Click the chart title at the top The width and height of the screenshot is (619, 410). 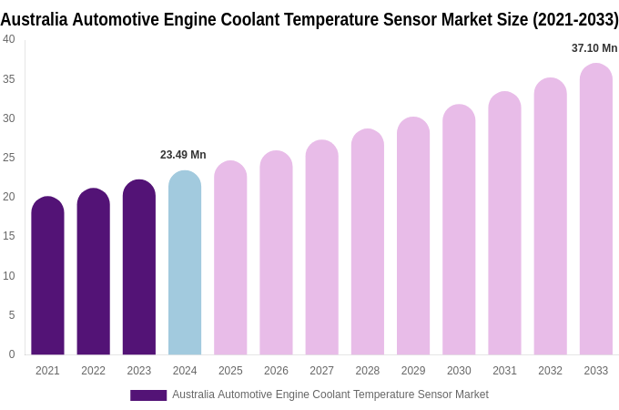click(x=309, y=19)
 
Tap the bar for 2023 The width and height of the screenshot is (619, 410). click(x=139, y=268)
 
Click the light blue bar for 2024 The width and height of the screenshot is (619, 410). click(x=185, y=263)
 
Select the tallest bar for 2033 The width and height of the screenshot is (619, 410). click(x=596, y=210)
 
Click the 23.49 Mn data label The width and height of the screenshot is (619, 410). click(x=183, y=155)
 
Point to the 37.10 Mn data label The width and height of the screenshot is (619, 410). click(x=594, y=48)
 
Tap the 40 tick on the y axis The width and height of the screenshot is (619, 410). click(x=9, y=39)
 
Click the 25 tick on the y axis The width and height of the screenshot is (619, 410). click(x=9, y=158)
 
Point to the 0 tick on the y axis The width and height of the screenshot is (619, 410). click(x=12, y=354)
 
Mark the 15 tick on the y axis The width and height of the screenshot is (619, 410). click(x=9, y=236)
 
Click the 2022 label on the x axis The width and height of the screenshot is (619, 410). click(x=93, y=371)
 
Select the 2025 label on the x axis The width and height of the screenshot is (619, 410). click(x=230, y=371)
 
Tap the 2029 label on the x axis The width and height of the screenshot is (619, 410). click(x=413, y=371)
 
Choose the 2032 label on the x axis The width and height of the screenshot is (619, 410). click(x=550, y=371)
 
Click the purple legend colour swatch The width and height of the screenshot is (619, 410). click(x=148, y=395)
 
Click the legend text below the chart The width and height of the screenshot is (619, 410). click(x=330, y=395)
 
